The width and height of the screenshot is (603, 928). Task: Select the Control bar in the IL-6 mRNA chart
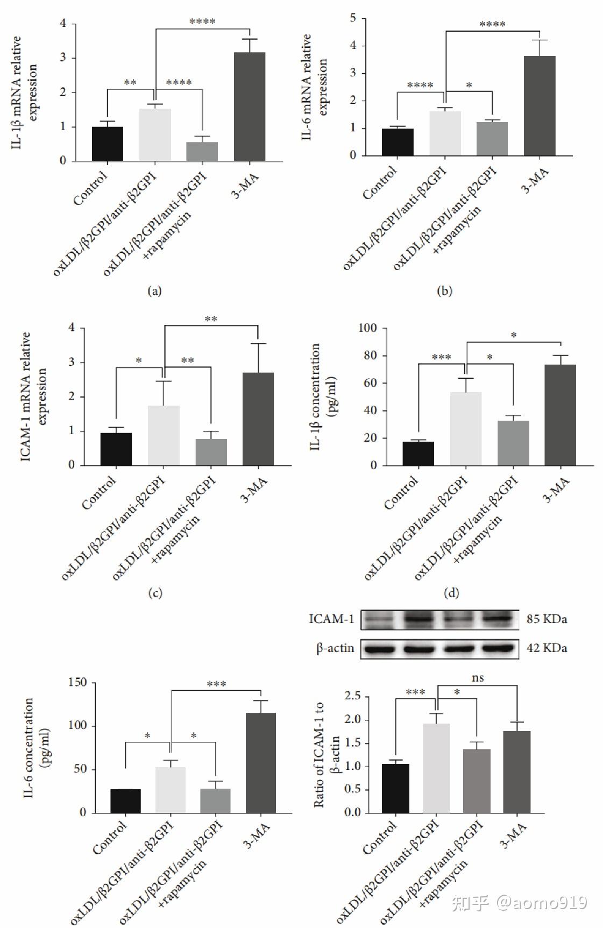tap(398, 142)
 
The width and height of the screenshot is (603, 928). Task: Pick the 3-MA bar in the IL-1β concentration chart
tap(560, 414)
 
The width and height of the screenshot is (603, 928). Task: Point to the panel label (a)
tap(154, 291)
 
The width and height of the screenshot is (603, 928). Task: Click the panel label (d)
tap(451, 593)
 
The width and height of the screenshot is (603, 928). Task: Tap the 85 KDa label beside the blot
tap(547, 619)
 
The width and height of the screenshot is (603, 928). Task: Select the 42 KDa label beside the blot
tap(547, 648)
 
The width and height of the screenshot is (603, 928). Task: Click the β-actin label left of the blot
tap(335, 648)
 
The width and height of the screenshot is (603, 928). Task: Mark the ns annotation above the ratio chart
tap(478, 678)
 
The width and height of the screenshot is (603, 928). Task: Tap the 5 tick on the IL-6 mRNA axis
tap(353, 18)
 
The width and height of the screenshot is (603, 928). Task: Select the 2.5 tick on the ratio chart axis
tap(352, 696)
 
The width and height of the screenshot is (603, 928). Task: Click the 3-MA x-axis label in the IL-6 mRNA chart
tap(536, 180)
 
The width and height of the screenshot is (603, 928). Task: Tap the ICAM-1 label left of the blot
tap(331, 619)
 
